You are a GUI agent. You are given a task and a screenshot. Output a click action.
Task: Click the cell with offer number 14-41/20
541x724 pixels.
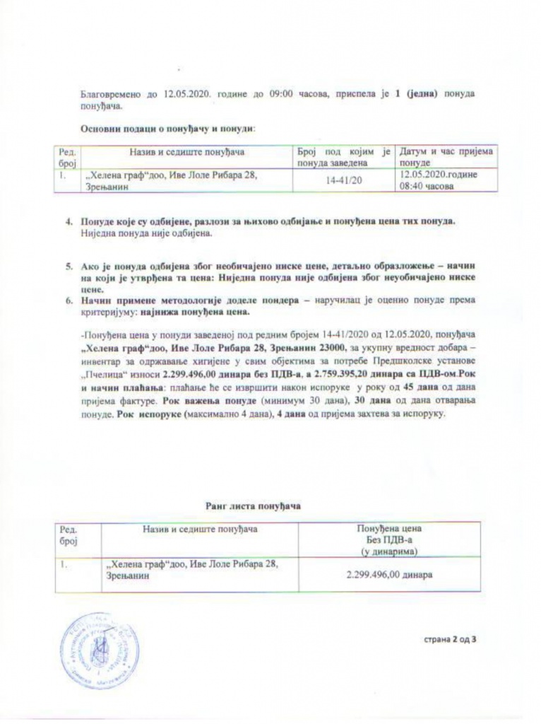click(344, 181)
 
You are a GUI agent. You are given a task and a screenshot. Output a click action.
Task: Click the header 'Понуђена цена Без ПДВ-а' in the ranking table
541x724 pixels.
click(388, 539)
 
